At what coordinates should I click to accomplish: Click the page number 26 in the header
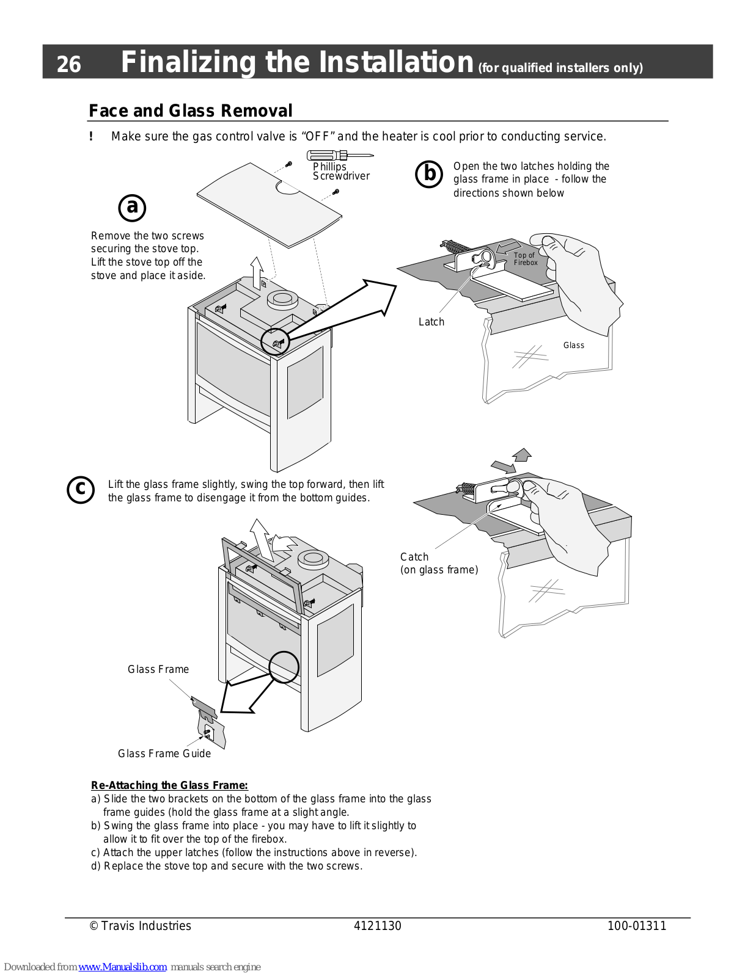click(x=68, y=64)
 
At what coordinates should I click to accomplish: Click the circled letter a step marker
click(x=132, y=208)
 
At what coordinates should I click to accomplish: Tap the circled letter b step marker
click(x=429, y=174)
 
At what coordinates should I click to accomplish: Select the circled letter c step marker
click(x=81, y=490)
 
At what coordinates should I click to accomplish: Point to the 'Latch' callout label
click(x=431, y=322)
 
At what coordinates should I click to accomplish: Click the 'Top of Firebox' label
click(x=525, y=259)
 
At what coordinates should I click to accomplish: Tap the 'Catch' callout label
click(x=414, y=557)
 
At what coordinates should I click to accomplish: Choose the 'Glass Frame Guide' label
click(x=164, y=754)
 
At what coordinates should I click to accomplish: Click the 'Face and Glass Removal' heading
click(x=191, y=111)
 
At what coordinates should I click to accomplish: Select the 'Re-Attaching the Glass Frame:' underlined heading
click(x=169, y=785)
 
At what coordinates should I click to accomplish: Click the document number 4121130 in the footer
click(x=377, y=926)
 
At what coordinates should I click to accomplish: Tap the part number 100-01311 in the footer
click(x=636, y=926)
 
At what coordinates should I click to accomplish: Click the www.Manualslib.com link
click(x=122, y=967)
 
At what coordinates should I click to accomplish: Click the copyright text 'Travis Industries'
click(x=145, y=926)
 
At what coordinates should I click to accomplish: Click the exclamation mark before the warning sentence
click(x=91, y=136)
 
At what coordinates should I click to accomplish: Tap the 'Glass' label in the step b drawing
click(x=573, y=345)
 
